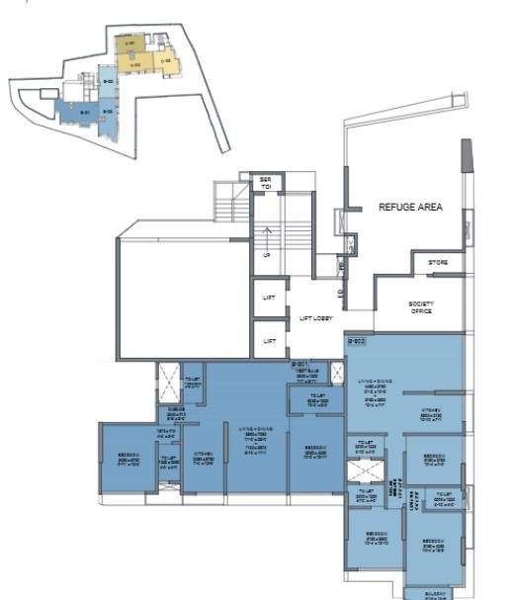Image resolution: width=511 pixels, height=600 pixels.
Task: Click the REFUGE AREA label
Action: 409,208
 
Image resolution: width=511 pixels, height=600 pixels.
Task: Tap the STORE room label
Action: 438,263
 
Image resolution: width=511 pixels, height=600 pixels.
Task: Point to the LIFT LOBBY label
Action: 316,318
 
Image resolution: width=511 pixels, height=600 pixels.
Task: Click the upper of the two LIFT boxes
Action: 268,297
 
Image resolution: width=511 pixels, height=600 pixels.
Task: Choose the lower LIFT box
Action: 268,340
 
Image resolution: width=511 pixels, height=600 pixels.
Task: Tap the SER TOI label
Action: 266,184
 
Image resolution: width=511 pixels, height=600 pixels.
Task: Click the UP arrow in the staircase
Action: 267,255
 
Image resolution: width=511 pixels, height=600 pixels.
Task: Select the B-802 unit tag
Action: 357,342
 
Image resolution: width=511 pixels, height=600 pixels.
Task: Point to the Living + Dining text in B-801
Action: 255,435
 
